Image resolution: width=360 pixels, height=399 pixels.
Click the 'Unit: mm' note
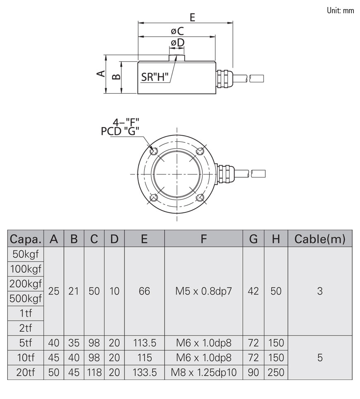[340, 11]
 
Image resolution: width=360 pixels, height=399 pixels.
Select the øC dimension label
[177, 31]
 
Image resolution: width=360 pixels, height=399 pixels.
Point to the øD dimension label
[177, 43]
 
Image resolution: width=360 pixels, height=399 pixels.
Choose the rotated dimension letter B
[117, 77]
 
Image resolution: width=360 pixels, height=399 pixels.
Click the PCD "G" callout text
[120, 131]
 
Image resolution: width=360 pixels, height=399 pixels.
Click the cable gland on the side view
[223, 78]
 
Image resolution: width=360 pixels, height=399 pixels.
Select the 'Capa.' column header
[26, 239]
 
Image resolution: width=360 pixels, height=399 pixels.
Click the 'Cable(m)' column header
[319, 239]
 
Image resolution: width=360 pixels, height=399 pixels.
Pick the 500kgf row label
[26, 299]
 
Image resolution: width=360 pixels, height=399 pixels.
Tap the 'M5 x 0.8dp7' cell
[203, 291]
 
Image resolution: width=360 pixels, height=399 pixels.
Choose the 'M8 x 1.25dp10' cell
[203, 373]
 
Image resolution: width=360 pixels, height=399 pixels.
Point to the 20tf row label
[26, 373]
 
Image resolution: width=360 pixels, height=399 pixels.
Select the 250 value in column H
[276, 373]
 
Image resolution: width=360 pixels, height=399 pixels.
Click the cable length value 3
[319, 291]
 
